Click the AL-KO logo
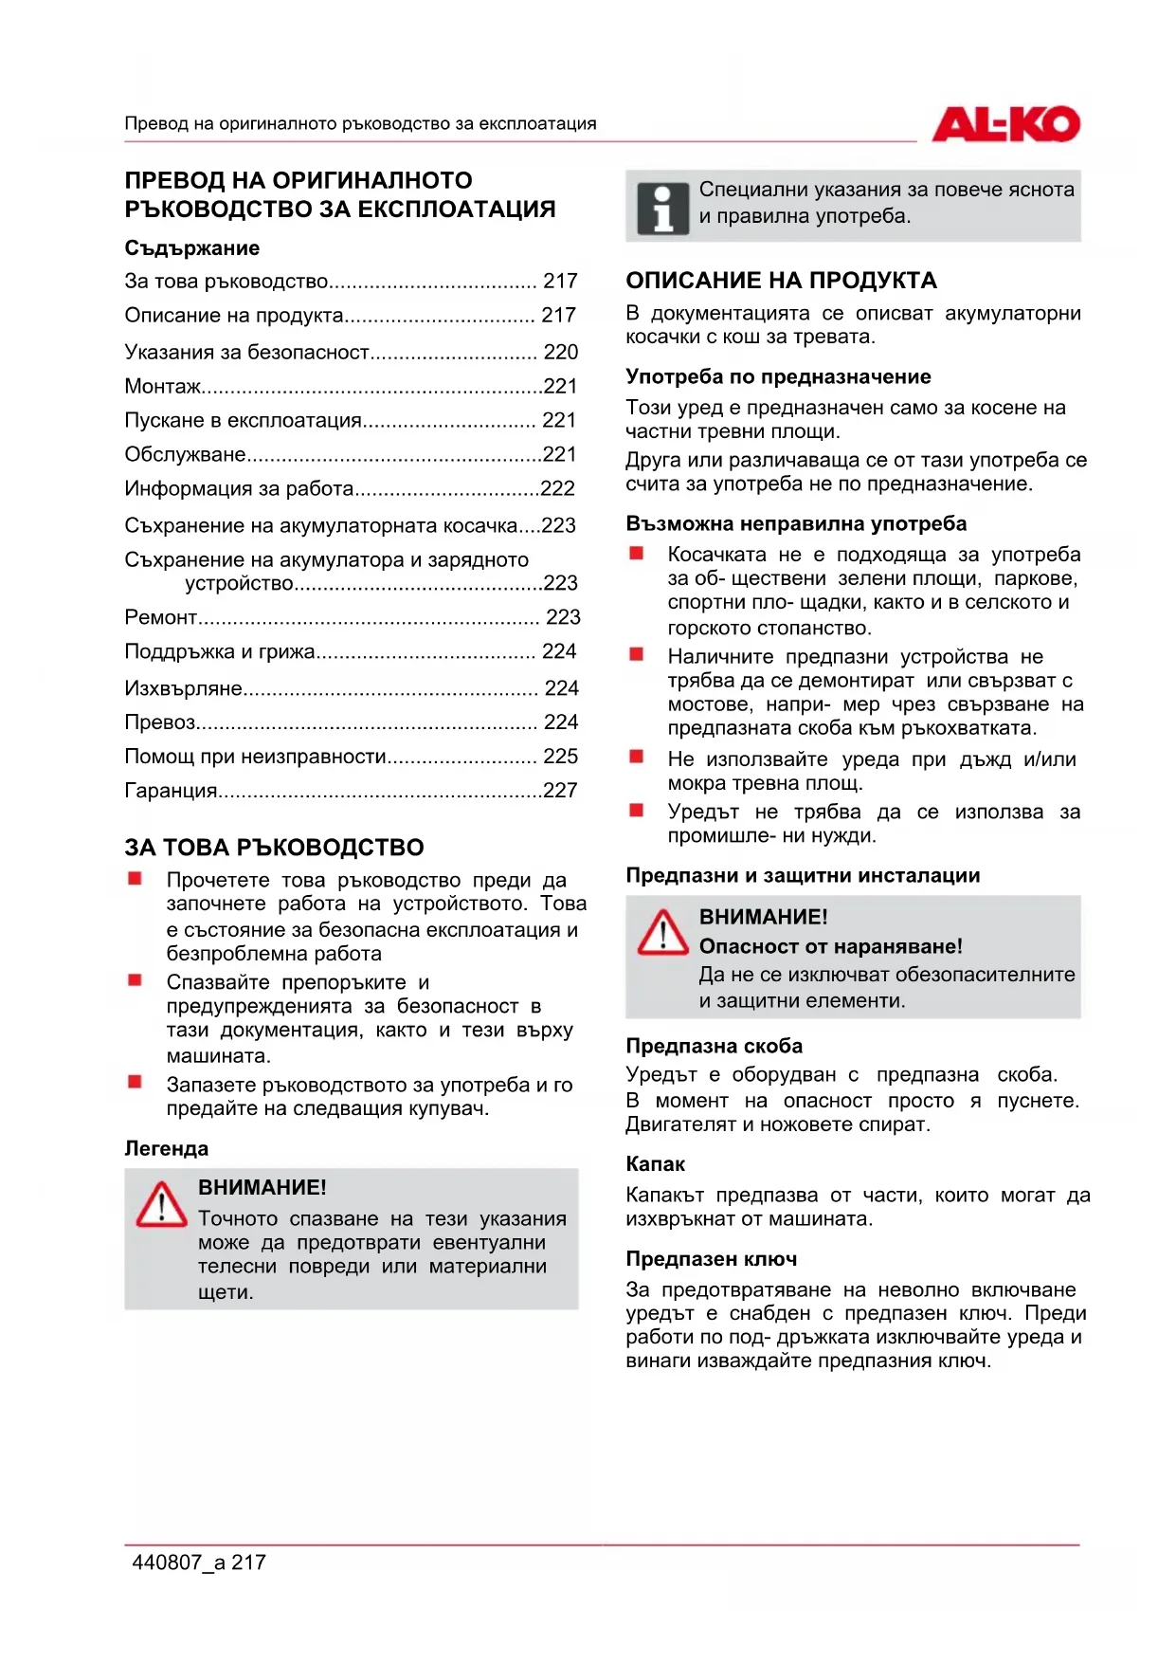point(1005,124)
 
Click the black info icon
point(662,208)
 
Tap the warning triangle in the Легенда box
point(161,1205)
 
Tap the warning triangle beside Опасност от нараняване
point(662,933)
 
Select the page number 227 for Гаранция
point(560,791)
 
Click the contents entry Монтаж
point(163,387)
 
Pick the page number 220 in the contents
point(560,353)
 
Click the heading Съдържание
point(192,248)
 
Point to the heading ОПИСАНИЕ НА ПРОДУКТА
point(781,281)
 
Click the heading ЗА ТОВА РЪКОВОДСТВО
point(274,848)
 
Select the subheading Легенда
point(167,1149)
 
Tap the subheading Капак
point(655,1164)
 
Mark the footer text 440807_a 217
point(199,1562)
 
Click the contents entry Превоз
point(160,722)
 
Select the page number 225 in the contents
point(560,757)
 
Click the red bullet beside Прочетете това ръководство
point(136,879)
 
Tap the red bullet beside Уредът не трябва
point(637,811)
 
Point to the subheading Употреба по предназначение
point(778,377)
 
